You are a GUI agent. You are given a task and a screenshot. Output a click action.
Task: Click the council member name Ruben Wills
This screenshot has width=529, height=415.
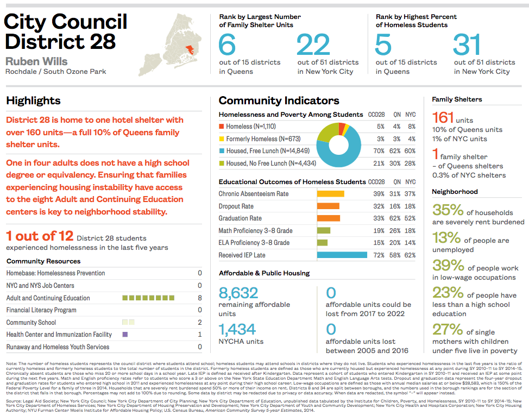37,61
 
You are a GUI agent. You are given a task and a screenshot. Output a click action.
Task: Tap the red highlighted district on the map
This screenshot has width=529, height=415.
191,52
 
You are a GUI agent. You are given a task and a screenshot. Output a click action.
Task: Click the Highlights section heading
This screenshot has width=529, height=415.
33,100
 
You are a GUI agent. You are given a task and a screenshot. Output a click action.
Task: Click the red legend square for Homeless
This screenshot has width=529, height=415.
222,127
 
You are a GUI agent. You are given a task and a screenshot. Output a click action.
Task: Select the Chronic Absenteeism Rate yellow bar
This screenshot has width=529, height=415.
330,194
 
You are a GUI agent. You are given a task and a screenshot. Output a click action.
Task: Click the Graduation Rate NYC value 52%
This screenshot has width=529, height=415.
410,218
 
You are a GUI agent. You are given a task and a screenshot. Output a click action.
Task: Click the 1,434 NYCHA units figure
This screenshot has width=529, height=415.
237,329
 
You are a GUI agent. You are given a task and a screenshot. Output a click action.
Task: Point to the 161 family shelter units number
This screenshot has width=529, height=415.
443,118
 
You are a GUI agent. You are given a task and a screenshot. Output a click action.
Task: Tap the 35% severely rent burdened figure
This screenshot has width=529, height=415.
448,210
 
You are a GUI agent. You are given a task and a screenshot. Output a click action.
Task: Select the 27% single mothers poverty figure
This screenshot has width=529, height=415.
448,329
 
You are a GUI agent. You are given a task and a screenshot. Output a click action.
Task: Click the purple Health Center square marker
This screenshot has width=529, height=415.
125,335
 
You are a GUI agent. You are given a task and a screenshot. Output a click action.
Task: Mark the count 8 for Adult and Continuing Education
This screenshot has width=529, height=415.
200,298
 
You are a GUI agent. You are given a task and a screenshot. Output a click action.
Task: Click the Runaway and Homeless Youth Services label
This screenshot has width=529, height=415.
58,347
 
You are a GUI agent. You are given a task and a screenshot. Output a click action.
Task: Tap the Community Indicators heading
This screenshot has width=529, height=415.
279,100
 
